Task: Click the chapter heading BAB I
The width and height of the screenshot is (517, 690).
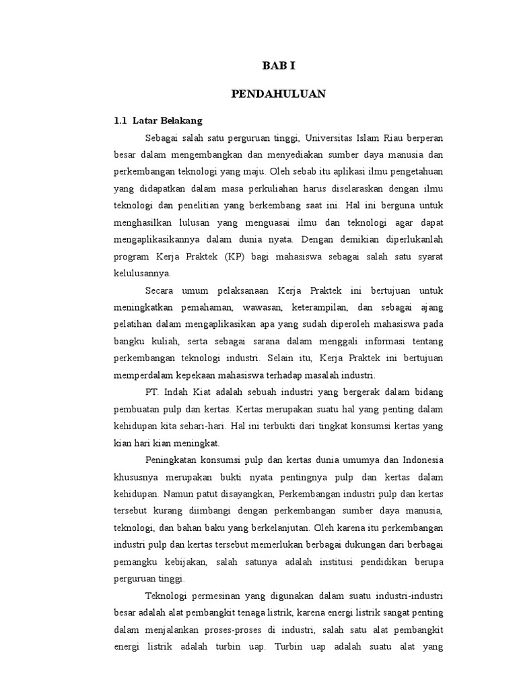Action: [278, 66]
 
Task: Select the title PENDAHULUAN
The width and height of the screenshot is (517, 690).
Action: [278, 94]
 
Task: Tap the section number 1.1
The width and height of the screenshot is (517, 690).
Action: [120, 121]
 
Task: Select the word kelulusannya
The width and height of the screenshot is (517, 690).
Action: [143, 274]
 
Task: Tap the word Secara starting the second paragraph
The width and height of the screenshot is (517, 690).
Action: [159, 291]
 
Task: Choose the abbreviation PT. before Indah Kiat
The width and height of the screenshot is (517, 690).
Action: [151, 392]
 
